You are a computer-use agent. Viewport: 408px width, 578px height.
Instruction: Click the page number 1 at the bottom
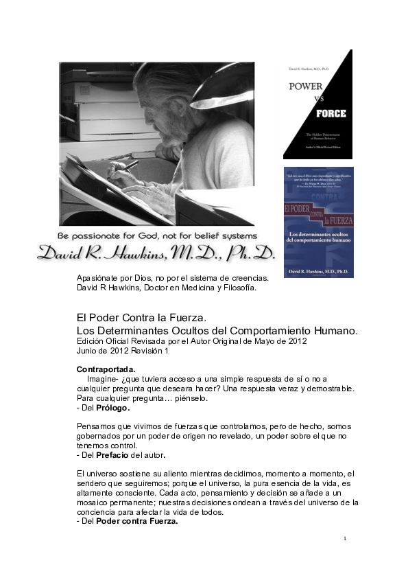[346, 539]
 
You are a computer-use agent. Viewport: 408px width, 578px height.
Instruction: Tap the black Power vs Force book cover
[317, 104]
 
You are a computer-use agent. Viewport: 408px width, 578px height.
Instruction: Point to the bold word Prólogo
[113, 408]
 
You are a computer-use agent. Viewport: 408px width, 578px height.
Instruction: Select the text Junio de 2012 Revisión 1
[122, 351]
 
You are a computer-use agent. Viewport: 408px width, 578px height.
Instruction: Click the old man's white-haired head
[165, 96]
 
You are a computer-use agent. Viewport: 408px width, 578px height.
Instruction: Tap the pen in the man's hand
[128, 166]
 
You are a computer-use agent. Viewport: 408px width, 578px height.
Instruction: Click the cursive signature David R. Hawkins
[155, 253]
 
